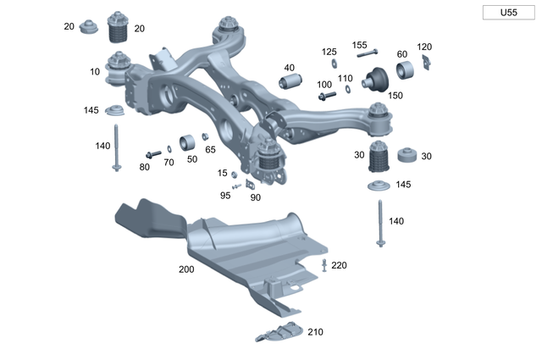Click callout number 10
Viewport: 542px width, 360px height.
pos(95,72)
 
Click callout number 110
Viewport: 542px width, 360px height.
pos(345,78)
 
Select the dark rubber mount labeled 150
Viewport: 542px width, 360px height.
pos(375,82)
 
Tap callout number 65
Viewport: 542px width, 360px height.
pos(210,149)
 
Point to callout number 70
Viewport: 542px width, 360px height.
pos(169,161)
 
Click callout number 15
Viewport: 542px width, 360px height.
pos(223,173)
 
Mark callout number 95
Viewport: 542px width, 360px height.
pos(225,195)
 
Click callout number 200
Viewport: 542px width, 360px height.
pos(186,269)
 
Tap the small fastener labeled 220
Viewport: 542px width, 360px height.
pos(325,268)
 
